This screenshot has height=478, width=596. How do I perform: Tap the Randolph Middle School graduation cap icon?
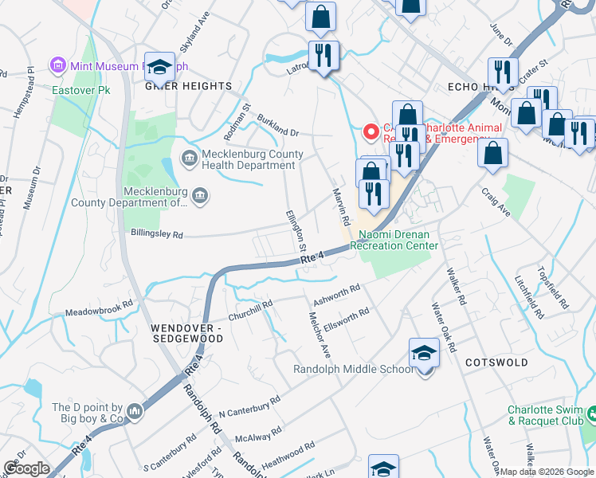pos(424,352)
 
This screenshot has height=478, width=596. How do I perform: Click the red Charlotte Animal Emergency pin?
pos(370,131)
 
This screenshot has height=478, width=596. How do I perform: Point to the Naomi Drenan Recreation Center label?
pos(394,241)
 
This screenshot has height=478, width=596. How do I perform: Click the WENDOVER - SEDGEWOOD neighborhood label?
pos(188,333)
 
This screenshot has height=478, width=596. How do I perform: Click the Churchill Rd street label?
pos(251,309)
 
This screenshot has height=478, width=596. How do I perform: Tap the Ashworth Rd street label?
pos(337,293)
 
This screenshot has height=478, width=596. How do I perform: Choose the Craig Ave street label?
pos(495,196)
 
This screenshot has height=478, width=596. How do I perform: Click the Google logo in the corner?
pos(26,469)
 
